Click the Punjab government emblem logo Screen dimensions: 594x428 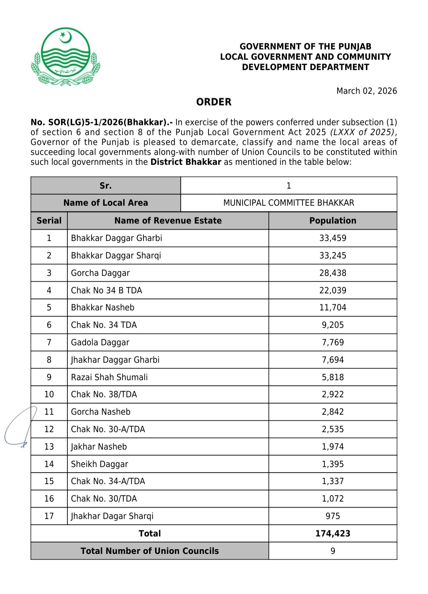(x=65, y=57)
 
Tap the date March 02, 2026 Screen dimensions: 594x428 (x=367, y=91)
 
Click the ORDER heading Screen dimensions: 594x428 (x=214, y=102)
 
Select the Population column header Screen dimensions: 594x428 (x=332, y=221)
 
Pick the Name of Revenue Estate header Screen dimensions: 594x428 (x=168, y=221)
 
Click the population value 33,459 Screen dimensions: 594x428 (x=332, y=238)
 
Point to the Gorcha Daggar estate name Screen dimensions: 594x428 (x=100, y=273)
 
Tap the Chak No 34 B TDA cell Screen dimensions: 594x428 (x=106, y=291)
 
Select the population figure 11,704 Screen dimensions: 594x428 (x=332, y=308)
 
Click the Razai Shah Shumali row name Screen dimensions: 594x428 (x=109, y=377)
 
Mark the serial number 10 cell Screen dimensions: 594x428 (x=49, y=395)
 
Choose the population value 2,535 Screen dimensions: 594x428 (x=332, y=429)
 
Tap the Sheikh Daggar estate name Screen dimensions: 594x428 (x=99, y=464)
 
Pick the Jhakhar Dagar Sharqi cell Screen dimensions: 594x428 (x=112, y=516)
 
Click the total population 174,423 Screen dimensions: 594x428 (x=332, y=534)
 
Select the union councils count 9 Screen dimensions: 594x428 (x=332, y=551)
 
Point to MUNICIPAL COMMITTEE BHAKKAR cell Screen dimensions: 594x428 (x=289, y=203)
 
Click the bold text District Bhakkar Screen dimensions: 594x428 (x=185, y=162)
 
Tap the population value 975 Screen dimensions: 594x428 (x=332, y=516)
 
